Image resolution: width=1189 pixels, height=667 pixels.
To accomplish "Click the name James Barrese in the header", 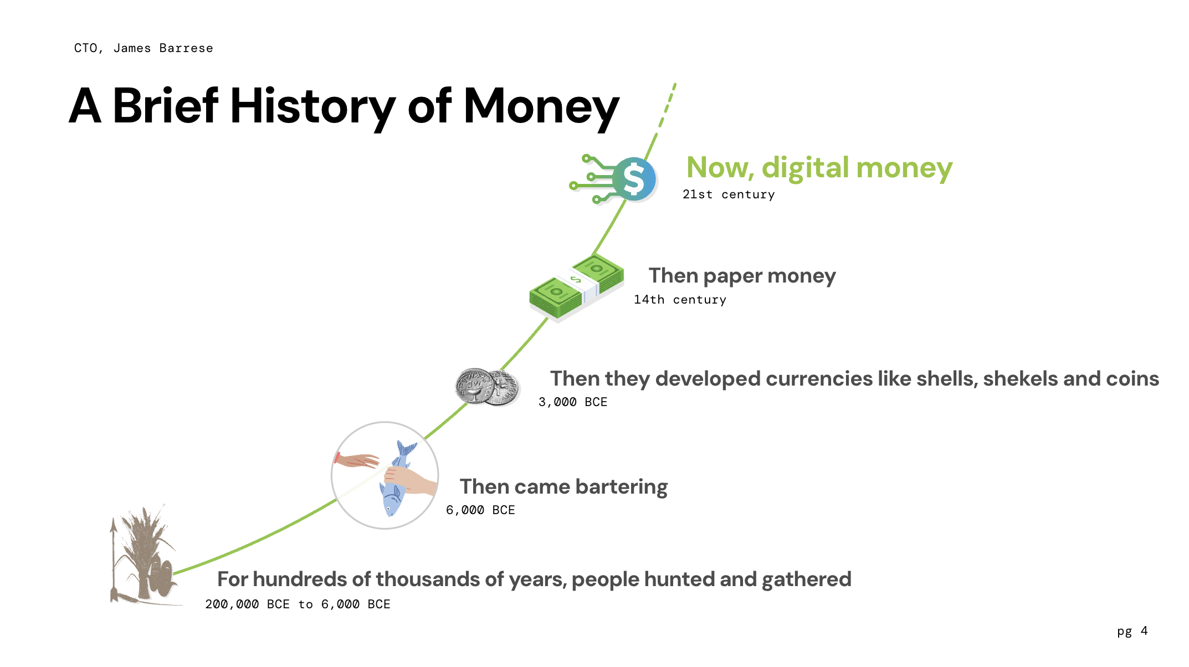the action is click(x=163, y=48).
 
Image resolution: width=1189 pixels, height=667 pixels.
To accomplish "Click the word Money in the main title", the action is click(x=541, y=106).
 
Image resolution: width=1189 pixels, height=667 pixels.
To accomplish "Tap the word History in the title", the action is click(x=312, y=106).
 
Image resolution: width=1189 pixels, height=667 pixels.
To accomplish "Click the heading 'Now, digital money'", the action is click(x=819, y=167).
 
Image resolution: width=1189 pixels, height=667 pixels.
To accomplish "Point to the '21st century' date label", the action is click(x=729, y=194).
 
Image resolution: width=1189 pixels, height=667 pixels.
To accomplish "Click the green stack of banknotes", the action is click(x=576, y=288).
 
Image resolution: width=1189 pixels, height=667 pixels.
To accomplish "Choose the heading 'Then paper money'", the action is click(x=742, y=276).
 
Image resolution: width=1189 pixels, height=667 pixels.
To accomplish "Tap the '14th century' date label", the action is click(x=680, y=300).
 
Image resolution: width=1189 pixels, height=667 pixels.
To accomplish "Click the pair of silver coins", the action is click(x=488, y=387).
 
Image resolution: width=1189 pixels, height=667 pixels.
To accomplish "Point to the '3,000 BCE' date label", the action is click(x=573, y=402).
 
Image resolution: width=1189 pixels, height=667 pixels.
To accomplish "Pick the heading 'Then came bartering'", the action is click(x=563, y=487).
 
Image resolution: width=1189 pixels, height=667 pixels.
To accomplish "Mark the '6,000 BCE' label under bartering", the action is click(x=480, y=510).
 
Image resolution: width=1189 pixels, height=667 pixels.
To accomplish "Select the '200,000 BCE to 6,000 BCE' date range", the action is click(x=298, y=604).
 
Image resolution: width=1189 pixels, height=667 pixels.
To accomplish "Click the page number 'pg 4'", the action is click(x=1132, y=632).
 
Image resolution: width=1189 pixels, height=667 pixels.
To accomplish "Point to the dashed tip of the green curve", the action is click(x=675, y=84).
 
